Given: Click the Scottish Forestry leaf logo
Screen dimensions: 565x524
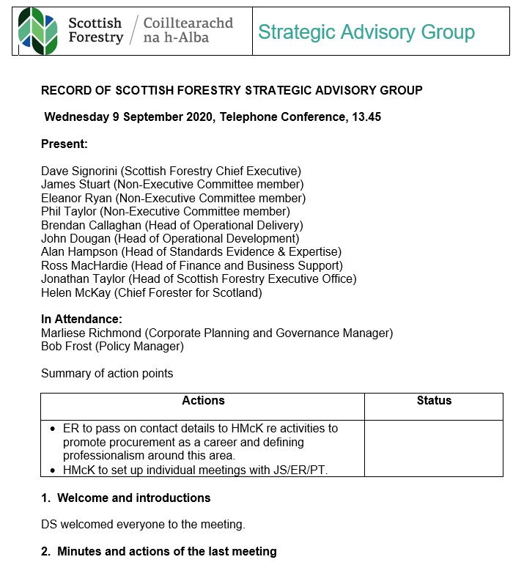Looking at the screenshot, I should [x=38, y=31].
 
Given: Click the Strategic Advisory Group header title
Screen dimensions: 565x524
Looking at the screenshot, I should [x=366, y=32].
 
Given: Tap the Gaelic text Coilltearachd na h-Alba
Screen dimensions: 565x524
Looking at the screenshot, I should [x=188, y=31].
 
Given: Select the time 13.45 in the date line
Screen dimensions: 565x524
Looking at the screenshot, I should [x=366, y=117].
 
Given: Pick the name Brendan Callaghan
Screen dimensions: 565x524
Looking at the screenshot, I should [x=91, y=225].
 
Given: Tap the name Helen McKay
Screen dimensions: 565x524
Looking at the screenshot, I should [x=75, y=293].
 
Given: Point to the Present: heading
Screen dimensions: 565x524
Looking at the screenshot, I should [x=64, y=144].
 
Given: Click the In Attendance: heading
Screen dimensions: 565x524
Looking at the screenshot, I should [x=81, y=320].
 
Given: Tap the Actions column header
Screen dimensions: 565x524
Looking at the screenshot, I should [x=203, y=401].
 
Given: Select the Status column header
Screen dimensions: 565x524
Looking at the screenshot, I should [x=434, y=401].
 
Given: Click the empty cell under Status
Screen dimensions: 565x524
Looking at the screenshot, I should [x=434, y=448].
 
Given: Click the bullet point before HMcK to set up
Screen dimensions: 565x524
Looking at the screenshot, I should [x=53, y=470].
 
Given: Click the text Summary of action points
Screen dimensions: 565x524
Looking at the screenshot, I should [x=107, y=373].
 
